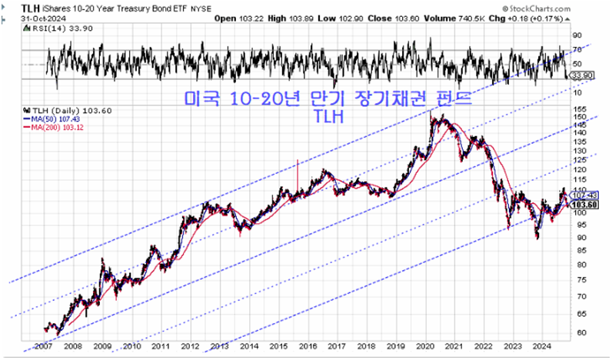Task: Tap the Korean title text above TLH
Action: [327, 100]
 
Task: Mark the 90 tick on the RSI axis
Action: [576, 34]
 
